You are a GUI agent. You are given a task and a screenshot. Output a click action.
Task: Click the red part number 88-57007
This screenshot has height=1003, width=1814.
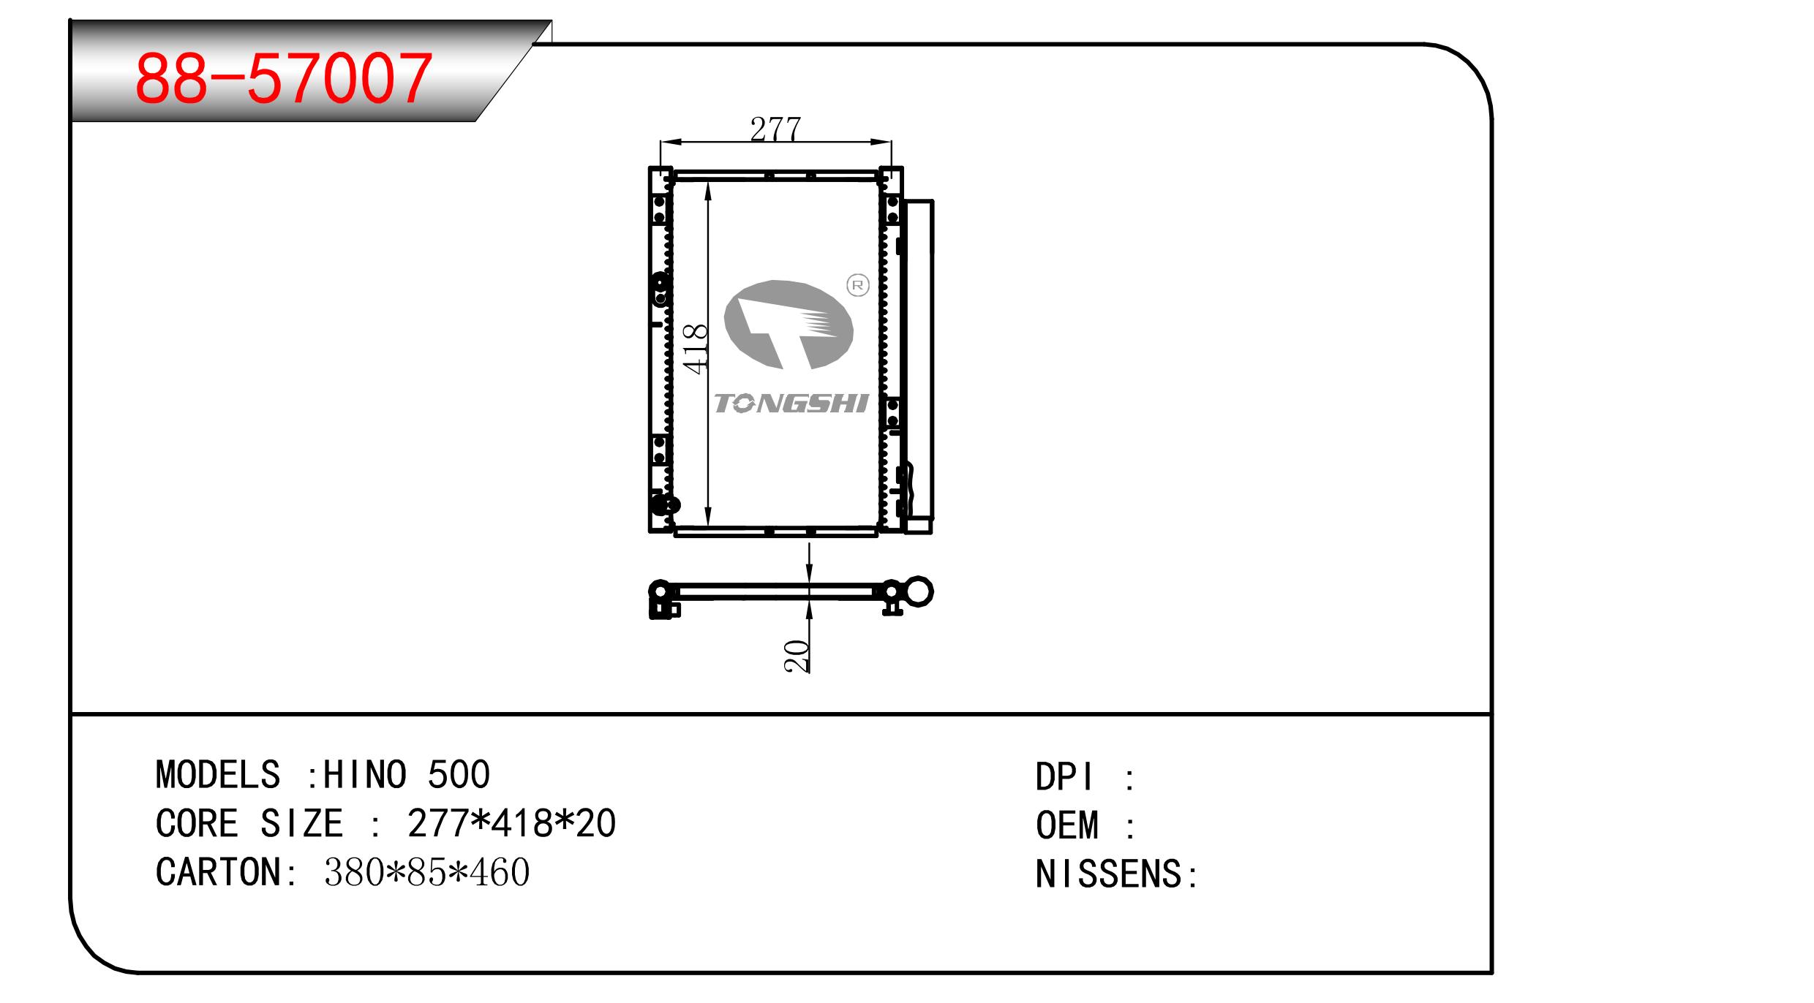pyautogui.click(x=284, y=77)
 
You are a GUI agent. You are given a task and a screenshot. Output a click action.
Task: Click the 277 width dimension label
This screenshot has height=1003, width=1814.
pyautogui.click(x=775, y=129)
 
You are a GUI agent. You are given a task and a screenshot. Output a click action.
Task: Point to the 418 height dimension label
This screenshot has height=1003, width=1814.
pyautogui.click(x=696, y=349)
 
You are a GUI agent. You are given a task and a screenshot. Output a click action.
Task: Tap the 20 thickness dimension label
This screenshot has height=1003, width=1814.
pyautogui.click(x=797, y=656)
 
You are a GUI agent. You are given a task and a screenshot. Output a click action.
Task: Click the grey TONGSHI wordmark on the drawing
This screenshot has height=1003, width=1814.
pyautogui.click(x=791, y=404)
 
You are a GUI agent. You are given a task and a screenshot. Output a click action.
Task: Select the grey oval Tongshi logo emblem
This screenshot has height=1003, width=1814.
pyautogui.click(x=789, y=325)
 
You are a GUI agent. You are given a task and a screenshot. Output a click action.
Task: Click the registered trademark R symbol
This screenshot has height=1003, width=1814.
pyautogui.click(x=857, y=285)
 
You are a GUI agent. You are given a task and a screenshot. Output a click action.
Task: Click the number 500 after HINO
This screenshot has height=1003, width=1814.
pyautogui.click(x=459, y=775)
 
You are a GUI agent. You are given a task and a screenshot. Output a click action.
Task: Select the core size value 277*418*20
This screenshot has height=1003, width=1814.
pyautogui.click(x=512, y=824)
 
